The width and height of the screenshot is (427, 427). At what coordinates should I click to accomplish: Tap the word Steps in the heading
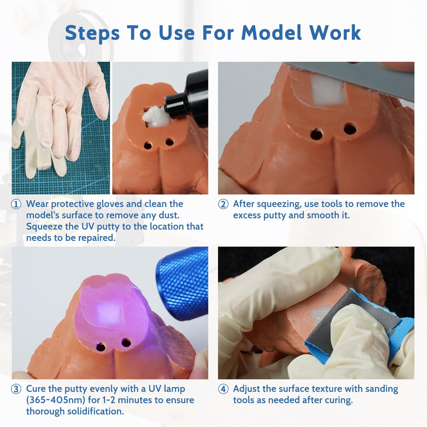tap(92, 33)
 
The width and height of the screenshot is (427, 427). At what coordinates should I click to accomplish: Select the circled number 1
tap(16, 204)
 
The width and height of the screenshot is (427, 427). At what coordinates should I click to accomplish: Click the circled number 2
tap(224, 204)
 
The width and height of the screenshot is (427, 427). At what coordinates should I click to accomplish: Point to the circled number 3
tap(16, 389)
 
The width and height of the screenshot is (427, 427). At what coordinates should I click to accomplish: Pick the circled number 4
tap(224, 389)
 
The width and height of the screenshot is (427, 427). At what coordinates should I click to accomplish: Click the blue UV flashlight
tap(182, 283)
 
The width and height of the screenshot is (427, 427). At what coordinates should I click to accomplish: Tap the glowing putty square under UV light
tap(109, 313)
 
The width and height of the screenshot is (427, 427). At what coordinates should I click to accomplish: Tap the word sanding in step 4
tap(382, 389)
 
